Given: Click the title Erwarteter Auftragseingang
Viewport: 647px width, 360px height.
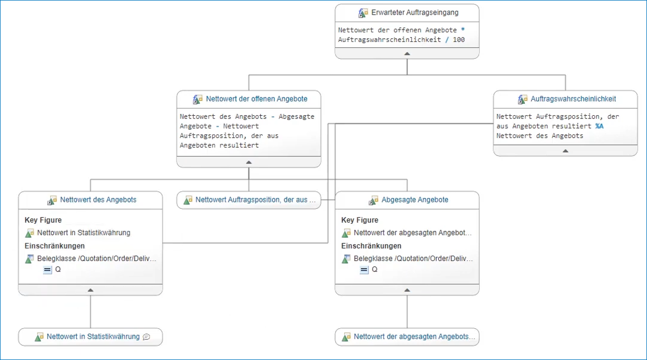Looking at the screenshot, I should point(415,12).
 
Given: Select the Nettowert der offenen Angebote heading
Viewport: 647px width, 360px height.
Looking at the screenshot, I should point(257,99).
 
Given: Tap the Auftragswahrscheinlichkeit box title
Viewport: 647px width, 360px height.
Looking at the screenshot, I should point(573,99).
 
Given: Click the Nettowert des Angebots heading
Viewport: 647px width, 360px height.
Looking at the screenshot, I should point(98,200).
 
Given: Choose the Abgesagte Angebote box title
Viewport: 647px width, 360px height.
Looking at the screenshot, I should point(415,200).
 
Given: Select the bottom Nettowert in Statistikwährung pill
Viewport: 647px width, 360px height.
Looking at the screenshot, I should point(93,337).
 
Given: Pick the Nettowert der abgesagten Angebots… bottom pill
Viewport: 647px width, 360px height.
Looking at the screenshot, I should point(414,337).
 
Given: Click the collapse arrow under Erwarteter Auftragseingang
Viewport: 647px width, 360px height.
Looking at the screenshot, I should point(407,53).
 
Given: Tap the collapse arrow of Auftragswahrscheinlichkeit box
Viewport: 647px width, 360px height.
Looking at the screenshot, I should point(565,151).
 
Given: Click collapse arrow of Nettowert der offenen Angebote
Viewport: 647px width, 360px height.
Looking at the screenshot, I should point(248,161).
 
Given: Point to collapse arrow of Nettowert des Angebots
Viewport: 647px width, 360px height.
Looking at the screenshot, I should point(90,290).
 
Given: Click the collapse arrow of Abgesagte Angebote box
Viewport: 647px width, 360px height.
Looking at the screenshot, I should point(407,290).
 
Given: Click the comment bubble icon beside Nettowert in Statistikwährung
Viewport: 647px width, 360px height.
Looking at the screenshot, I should point(146,337).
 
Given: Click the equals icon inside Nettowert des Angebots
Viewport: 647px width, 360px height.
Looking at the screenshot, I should point(47,270).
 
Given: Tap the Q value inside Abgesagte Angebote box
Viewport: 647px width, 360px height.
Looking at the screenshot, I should point(374,270).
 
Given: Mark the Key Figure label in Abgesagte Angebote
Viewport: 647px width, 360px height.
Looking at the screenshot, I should point(360,220).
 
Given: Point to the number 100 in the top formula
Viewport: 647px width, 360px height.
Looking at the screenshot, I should point(459,40).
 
